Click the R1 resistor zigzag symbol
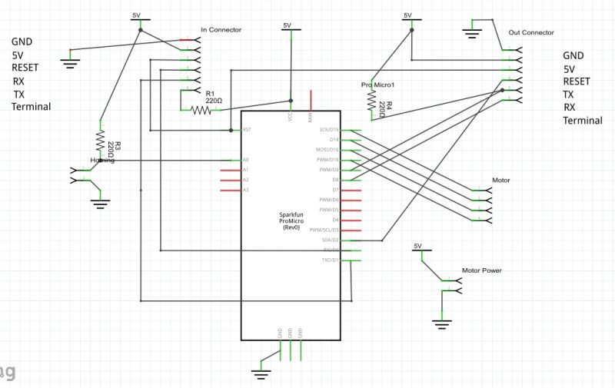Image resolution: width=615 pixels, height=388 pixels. pos(201,111)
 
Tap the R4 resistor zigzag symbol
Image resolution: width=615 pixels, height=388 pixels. pos(371,104)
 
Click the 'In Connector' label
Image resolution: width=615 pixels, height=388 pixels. pos(221,30)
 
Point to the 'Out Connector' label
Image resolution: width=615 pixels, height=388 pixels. pos(531,33)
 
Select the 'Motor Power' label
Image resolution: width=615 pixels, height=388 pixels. pos(481,271)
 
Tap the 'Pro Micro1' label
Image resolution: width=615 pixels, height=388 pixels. pos(377,85)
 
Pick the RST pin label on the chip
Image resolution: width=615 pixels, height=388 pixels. pos(247,130)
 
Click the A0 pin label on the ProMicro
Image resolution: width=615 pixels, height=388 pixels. pos(246,160)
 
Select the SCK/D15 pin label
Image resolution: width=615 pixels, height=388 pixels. pos(329,130)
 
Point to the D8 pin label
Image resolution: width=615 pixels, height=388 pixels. pos(335,180)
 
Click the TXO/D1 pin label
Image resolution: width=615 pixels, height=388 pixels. pos(331,260)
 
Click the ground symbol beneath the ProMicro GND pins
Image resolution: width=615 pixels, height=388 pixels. pos(261,373)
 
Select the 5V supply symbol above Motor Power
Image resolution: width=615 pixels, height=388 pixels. pos(417,247)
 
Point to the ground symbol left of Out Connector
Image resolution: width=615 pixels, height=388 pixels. pos(470,33)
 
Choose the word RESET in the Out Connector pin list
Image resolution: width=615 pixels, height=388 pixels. pos(577,81)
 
